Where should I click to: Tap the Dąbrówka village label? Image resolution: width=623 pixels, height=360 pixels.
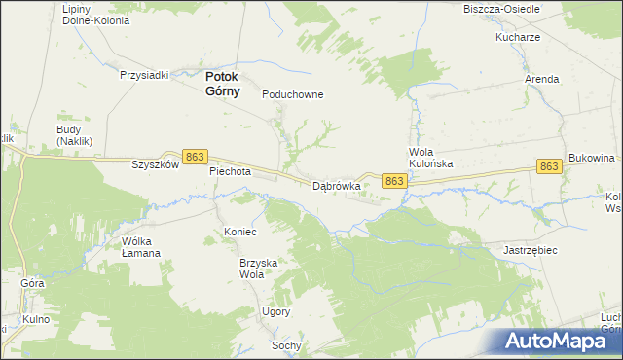tap(337, 185)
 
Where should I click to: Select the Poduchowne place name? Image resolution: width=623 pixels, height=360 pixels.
tap(293, 95)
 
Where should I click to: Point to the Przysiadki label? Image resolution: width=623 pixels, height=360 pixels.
tap(145, 74)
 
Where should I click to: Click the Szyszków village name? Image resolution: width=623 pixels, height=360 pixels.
tap(156, 165)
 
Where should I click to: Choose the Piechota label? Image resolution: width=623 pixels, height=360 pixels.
tap(231, 171)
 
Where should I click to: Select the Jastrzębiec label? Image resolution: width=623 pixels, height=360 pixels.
tap(530, 250)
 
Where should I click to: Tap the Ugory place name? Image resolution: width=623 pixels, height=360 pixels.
tap(275, 312)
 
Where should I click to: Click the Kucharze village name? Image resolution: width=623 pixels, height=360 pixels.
tap(517, 37)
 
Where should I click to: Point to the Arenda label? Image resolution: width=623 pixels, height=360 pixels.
tap(542, 79)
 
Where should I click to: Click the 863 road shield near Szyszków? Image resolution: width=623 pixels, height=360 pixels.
tap(196, 157)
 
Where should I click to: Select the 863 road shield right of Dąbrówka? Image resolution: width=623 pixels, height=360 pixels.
tap(394, 182)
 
